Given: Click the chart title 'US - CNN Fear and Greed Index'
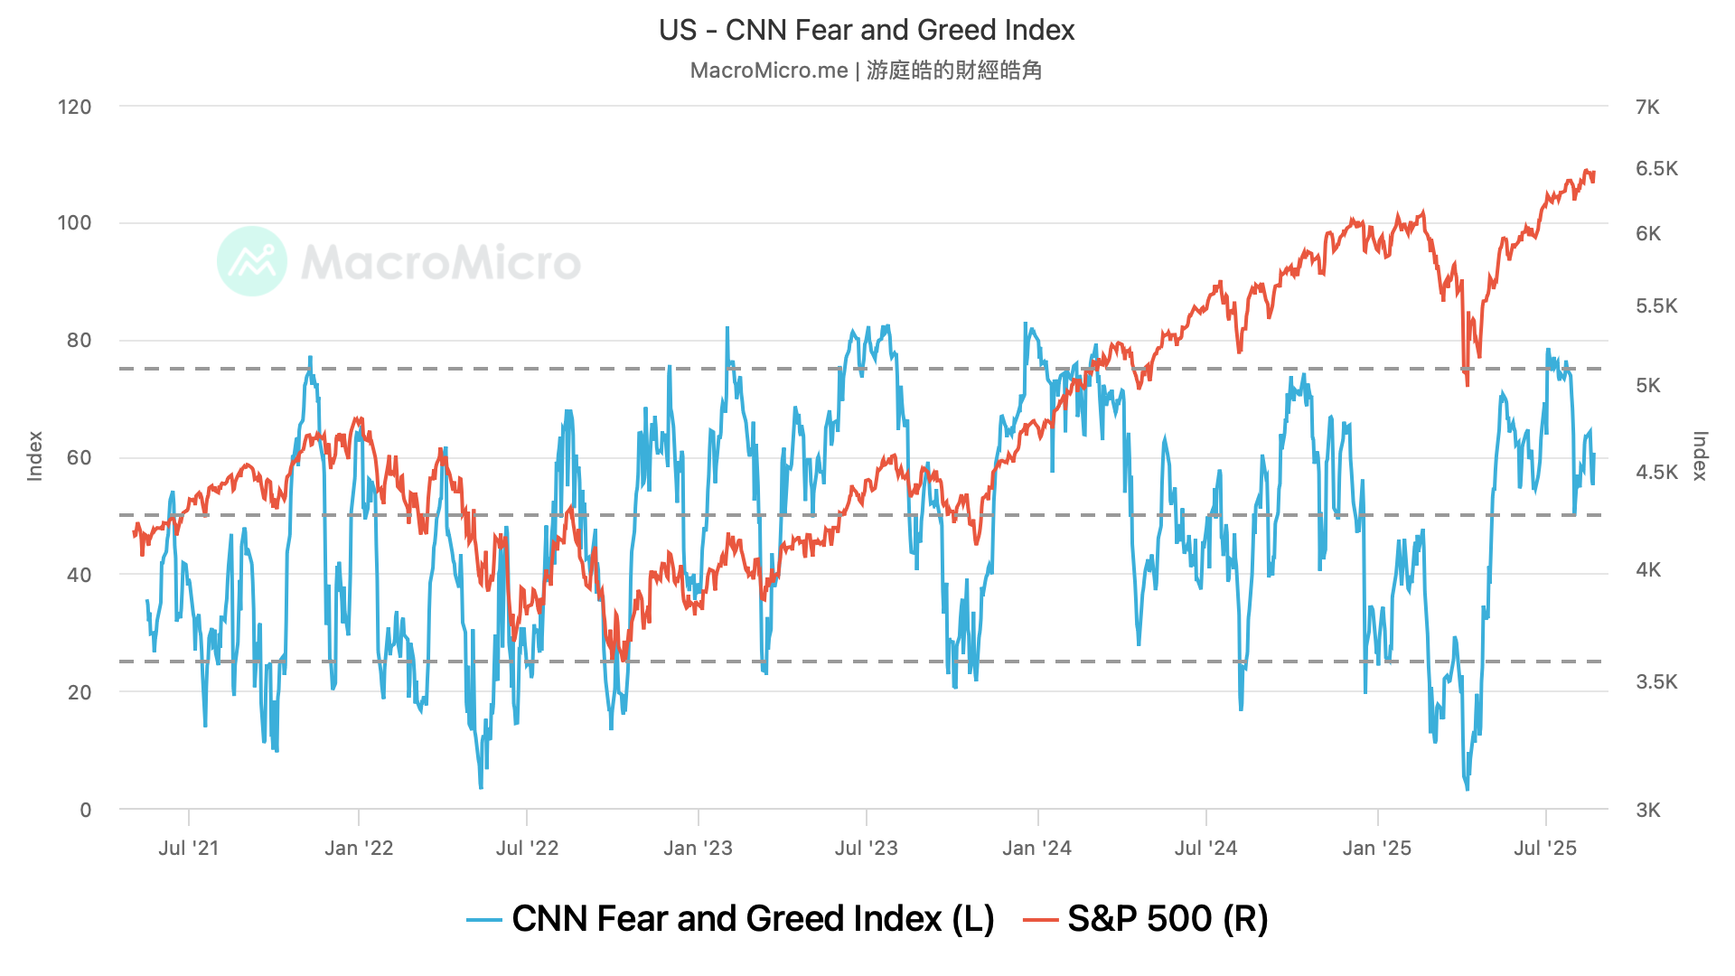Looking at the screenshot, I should (866, 31).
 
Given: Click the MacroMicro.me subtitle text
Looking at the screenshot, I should (866, 70).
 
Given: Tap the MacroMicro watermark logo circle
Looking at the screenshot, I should (252, 261).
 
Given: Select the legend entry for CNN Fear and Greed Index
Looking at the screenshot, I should (730, 919).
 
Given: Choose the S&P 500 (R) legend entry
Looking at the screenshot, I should (1146, 919).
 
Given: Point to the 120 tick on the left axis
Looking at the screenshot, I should (75, 108).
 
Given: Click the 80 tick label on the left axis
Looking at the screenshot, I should (80, 341).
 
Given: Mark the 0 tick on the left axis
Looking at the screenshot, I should (86, 810).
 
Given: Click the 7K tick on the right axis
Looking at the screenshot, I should (1647, 108).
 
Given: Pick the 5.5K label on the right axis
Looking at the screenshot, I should (1655, 306).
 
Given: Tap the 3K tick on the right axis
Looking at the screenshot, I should (1647, 811).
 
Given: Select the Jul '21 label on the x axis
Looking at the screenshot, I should (188, 849).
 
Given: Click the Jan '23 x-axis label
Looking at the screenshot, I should (698, 849).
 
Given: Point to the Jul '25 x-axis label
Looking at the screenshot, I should (1545, 849).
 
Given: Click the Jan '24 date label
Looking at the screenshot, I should (1036, 849).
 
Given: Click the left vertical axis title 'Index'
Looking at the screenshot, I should (35, 456).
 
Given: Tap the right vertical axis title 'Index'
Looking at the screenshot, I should (1699, 456).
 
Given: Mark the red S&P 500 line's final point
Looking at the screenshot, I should (1594, 174).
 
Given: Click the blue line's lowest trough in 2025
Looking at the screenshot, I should (1467, 789).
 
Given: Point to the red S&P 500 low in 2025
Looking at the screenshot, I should (1467, 385).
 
